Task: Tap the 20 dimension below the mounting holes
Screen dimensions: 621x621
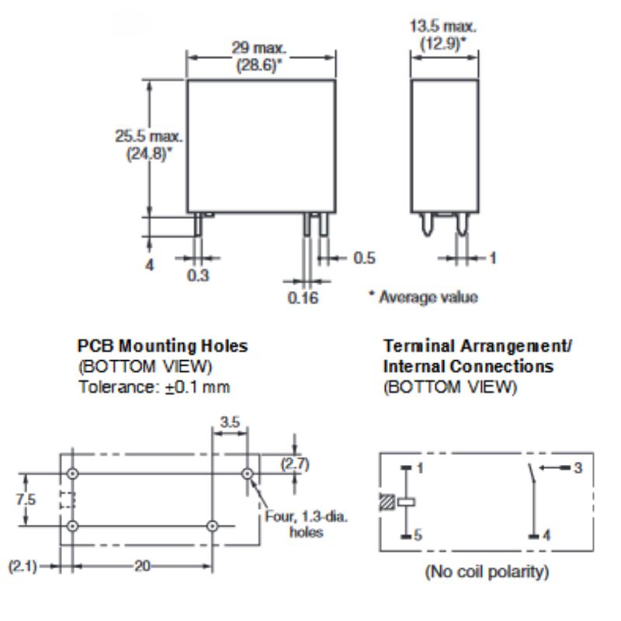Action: click(142, 566)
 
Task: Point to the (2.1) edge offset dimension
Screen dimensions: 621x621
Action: click(23, 566)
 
